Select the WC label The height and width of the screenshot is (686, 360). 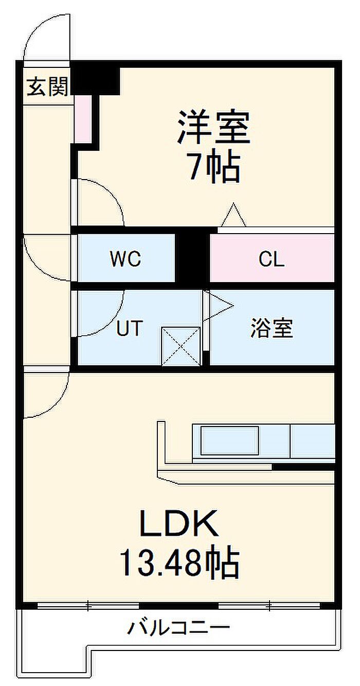coord(125,259)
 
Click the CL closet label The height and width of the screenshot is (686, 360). coord(272,259)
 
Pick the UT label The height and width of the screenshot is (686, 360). coord(130,328)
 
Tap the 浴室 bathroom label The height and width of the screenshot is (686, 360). coord(272,328)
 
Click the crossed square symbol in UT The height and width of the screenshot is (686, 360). coord(181,346)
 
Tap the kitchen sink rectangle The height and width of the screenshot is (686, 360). coord(229,441)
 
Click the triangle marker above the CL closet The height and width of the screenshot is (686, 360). coord(234,215)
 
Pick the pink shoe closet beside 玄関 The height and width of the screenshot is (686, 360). coord(83,119)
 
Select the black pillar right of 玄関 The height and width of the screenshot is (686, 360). coord(95,81)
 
